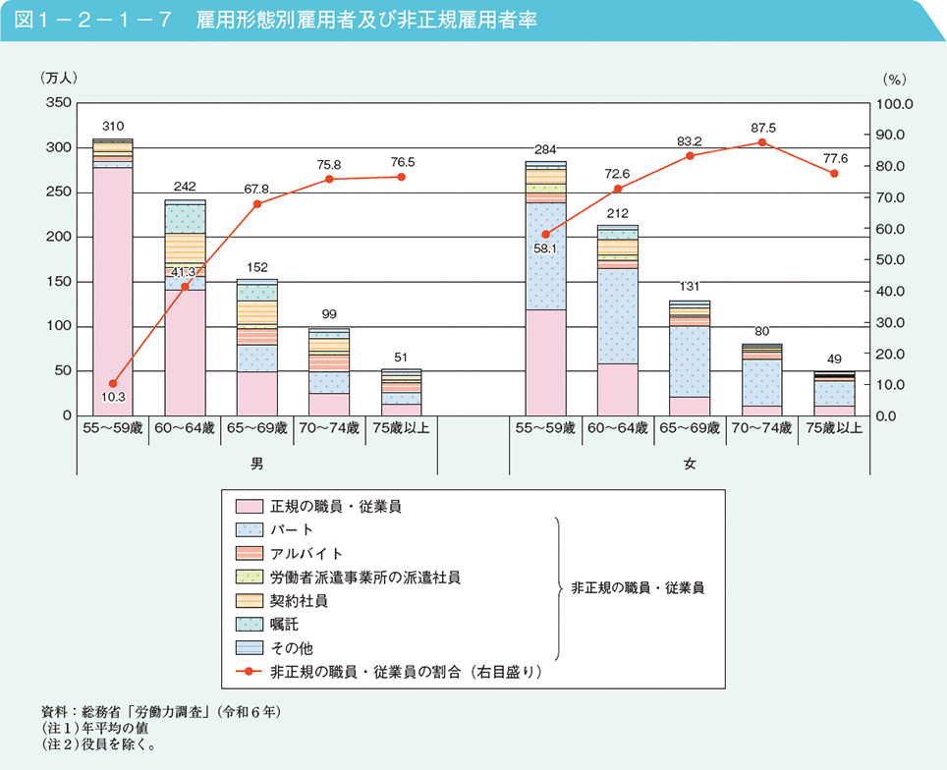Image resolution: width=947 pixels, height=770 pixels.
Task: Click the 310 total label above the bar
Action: (x=113, y=126)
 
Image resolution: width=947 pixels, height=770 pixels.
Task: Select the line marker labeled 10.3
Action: (x=113, y=384)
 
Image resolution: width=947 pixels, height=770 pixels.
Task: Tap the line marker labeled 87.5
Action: (x=762, y=142)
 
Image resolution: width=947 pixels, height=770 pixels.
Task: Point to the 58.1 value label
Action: (x=546, y=249)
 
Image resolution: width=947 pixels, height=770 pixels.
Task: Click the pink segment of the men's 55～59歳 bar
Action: (x=113, y=295)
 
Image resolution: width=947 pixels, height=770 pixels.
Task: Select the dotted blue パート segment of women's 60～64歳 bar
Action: (x=618, y=314)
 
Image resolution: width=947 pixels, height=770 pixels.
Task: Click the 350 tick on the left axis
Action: (x=58, y=103)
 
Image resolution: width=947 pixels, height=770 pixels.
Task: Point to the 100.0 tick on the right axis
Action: (x=895, y=103)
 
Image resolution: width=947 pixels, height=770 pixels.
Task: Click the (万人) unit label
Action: (x=59, y=77)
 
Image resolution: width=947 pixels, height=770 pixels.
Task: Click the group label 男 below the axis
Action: (x=257, y=461)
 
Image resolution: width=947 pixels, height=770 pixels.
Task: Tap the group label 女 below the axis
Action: (x=690, y=461)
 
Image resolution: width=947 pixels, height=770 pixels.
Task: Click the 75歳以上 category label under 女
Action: (x=834, y=429)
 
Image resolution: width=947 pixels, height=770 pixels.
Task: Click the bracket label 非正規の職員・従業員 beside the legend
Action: (x=638, y=588)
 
